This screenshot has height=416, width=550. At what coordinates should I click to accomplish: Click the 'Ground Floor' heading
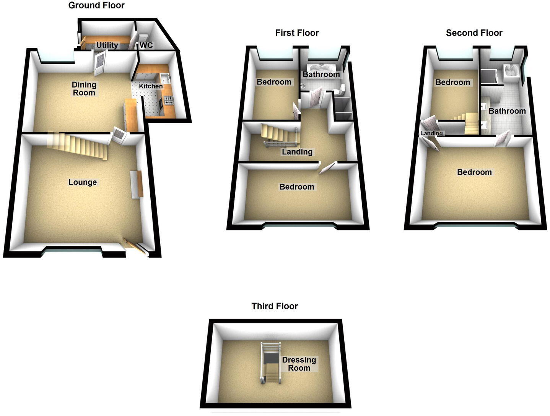(x=96, y=5)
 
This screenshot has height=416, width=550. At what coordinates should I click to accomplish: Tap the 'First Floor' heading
(x=297, y=33)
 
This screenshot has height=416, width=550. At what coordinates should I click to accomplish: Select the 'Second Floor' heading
(x=474, y=33)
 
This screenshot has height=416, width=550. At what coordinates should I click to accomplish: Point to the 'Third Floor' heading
(x=275, y=306)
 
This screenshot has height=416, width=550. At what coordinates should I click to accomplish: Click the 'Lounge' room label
(x=83, y=182)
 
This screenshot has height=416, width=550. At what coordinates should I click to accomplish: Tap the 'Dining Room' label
(x=84, y=88)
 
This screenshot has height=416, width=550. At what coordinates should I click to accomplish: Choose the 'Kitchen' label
(x=151, y=86)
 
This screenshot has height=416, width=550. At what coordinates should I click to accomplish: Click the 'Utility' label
(x=107, y=45)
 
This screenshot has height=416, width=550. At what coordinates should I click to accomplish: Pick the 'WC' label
(x=146, y=45)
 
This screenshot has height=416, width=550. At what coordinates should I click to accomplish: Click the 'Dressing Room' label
(x=299, y=364)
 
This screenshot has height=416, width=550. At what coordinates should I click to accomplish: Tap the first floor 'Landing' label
(x=297, y=152)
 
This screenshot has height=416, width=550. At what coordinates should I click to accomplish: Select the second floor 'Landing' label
(x=431, y=133)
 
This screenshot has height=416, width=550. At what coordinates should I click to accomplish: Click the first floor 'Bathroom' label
(x=321, y=74)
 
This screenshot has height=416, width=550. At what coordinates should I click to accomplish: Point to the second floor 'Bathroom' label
(x=507, y=111)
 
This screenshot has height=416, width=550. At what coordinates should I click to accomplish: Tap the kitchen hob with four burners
(x=169, y=101)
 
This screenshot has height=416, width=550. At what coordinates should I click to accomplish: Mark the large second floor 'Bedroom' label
(x=474, y=172)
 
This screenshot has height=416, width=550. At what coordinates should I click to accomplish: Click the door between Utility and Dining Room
(x=99, y=63)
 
